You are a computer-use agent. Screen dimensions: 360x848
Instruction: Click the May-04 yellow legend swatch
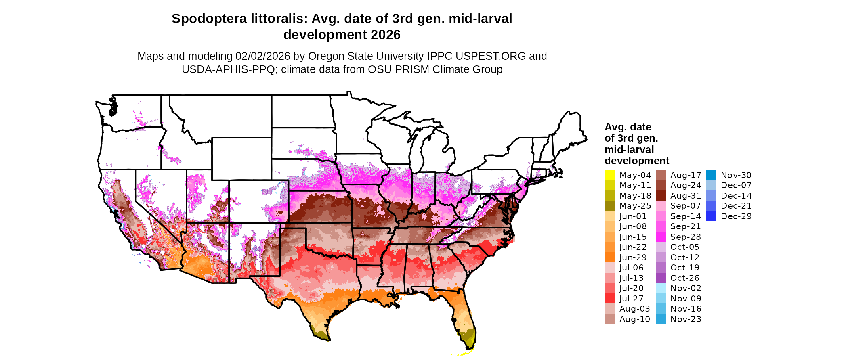pos(610,175)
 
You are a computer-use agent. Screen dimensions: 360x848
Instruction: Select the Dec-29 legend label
pos(736,216)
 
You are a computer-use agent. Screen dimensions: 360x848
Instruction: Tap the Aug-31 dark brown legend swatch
pos(661,196)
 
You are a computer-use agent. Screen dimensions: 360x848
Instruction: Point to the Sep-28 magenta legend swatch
pos(661,237)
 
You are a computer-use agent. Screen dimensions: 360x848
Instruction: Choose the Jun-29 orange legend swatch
pos(610,257)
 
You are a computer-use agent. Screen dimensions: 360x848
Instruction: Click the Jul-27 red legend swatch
pos(610,299)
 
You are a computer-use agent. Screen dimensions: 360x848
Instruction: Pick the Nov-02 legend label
pos(686,288)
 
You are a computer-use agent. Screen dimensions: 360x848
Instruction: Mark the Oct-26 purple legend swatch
pos(661,278)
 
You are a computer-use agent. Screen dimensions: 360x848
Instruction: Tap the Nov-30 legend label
pos(736,175)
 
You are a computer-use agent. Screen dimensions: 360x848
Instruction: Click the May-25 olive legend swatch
pos(610,206)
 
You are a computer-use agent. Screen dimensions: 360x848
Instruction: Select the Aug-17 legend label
pos(686,175)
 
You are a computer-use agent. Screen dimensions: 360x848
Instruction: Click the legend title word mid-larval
pos(629,150)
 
